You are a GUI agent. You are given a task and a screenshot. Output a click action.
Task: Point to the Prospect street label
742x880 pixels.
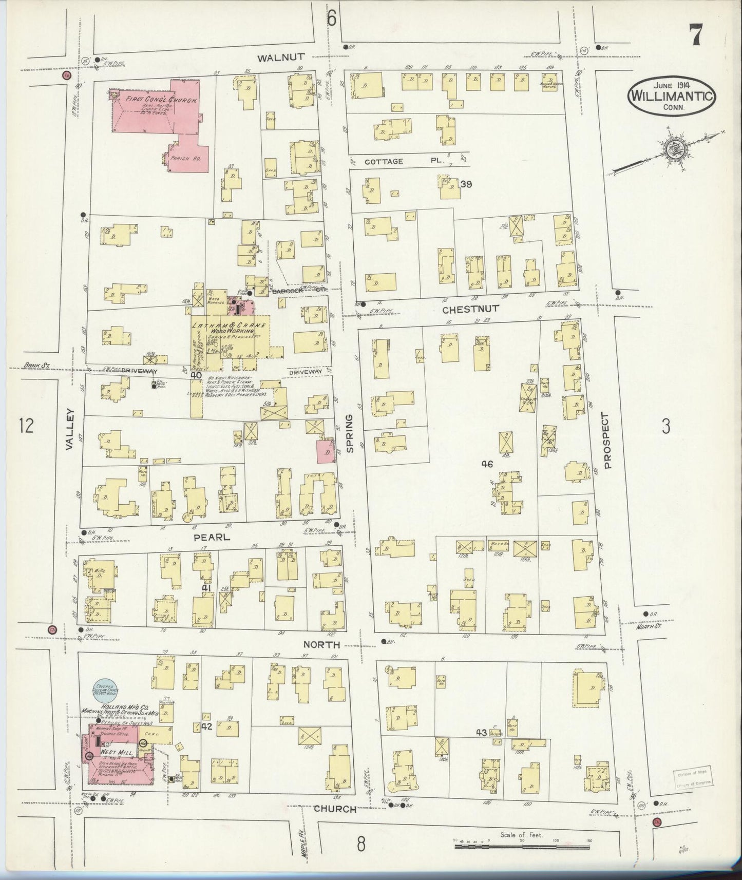point(607,441)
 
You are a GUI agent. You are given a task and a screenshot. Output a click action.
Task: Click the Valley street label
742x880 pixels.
point(70,430)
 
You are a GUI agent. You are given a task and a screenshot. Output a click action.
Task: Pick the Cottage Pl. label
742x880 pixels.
point(404,161)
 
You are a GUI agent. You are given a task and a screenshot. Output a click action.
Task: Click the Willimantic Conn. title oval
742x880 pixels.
point(671,95)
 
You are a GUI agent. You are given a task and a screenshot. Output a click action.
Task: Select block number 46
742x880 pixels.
point(487,464)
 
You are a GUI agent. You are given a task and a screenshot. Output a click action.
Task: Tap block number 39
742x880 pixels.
point(466,184)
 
